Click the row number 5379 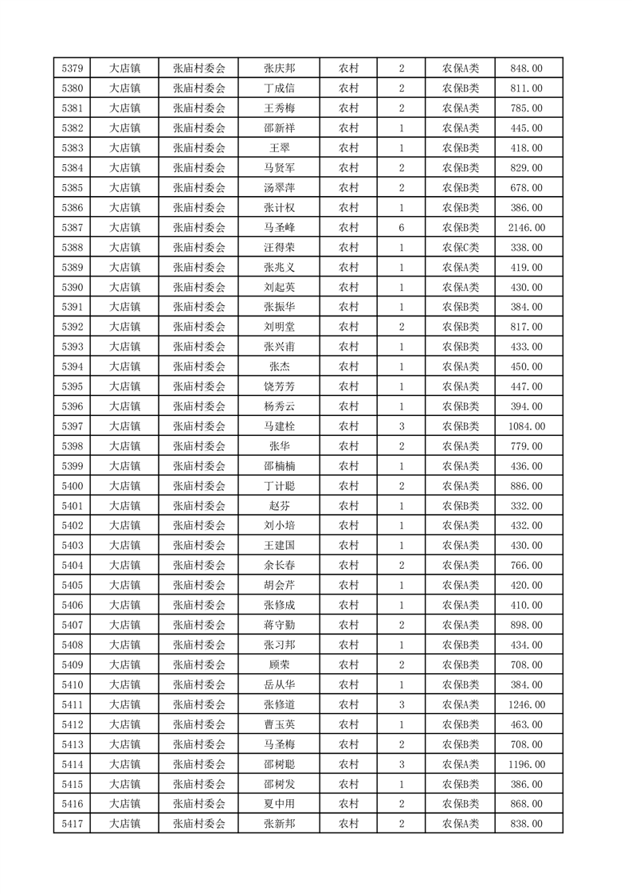73,69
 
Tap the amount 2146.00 527,228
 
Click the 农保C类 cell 460,248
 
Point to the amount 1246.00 527,704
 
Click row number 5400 73,486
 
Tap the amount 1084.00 527,426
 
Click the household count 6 401,228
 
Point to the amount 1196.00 527,764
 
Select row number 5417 73,824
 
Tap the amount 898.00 527,625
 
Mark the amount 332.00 527,506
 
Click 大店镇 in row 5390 124,288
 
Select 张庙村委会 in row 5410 199,684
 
